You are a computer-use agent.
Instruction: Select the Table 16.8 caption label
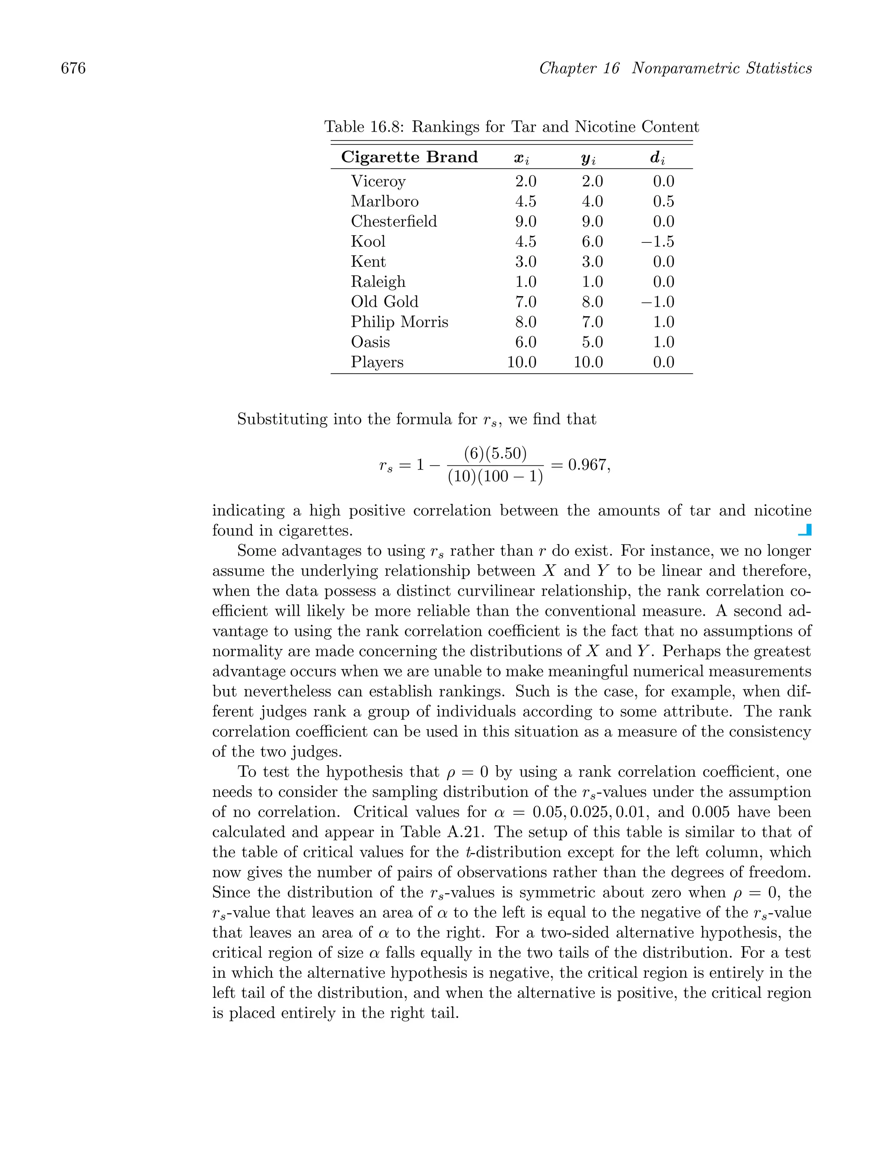click(x=364, y=127)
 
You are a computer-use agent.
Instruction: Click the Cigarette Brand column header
click(x=409, y=157)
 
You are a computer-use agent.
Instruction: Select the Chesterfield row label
click(x=394, y=222)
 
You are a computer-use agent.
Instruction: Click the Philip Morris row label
click(x=399, y=322)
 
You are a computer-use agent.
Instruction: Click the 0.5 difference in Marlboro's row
click(x=663, y=202)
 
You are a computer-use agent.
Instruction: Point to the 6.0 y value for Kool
click(x=592, y=242)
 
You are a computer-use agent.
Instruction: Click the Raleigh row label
click(x=378, y=282)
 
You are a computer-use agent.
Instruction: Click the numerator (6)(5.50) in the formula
click(x=495, y=453)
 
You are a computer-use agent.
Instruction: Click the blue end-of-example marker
click(x=805, y=530)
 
